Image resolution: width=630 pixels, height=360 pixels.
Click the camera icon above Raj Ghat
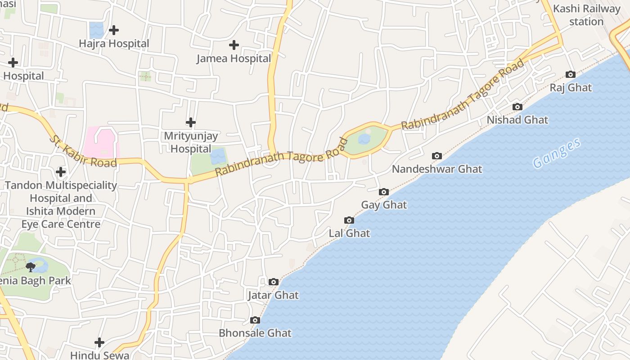570,75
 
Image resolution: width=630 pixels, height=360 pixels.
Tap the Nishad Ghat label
517,120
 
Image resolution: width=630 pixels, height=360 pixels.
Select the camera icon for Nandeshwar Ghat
436,156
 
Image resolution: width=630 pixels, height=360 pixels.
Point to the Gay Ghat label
384,205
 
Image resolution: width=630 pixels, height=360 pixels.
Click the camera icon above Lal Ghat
349,220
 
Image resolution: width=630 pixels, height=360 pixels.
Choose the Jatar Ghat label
273,296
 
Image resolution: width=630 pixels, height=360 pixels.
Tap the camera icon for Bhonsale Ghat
255,320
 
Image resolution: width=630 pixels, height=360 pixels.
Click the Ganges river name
556,154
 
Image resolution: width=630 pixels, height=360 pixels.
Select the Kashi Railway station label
586,15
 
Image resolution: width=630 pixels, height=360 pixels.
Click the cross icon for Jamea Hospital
234,45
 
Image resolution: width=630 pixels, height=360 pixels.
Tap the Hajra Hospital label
114,44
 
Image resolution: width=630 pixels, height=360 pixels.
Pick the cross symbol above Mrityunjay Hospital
191,122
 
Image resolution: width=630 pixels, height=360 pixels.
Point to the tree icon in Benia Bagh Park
31,267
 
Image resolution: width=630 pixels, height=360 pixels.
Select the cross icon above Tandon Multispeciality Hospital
61,172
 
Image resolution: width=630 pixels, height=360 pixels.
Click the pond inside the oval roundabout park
364,139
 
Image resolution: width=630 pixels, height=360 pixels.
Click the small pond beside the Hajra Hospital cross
96,30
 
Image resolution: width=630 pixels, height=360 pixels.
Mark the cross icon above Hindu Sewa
99,342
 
